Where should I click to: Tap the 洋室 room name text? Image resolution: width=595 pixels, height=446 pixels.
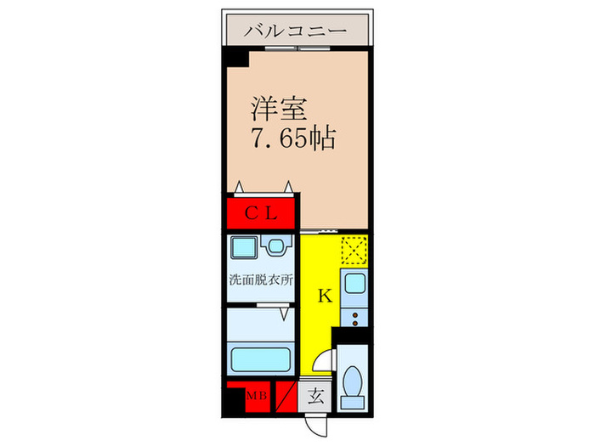point(271,109)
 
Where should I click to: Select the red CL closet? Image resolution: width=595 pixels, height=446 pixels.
point(261,212)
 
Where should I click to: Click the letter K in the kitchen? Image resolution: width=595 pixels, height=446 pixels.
point(324,296)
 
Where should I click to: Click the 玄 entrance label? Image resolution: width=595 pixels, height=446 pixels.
point(315,396)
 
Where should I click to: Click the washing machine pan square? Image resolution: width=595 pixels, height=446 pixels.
point(243,248)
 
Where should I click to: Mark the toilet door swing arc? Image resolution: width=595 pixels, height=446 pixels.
point(320,361)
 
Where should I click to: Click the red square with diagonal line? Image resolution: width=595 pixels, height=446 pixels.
point(286,396)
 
